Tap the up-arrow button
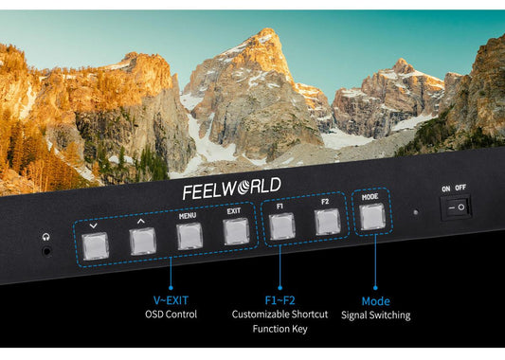[142, 242]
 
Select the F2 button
[326, 223]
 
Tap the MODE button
[371, 217]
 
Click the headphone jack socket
[46, 252]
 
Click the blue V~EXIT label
[171, 300]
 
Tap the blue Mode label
[375, 300]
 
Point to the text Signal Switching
[375, 315]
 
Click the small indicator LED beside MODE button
[414, 212]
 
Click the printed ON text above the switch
[445, 189]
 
